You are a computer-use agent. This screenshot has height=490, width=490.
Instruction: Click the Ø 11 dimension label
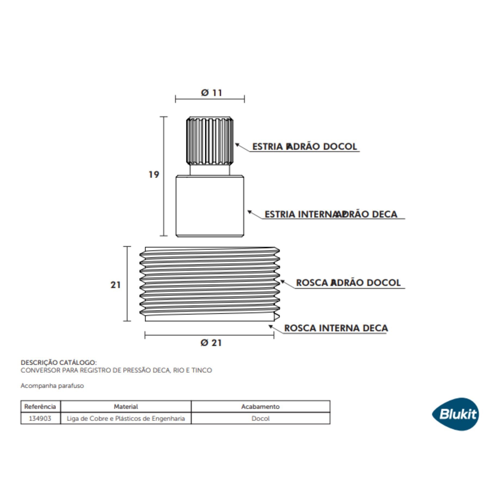pos(211,93)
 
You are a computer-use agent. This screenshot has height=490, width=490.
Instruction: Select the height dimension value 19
pos(154,174)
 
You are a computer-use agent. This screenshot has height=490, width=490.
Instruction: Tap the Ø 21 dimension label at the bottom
pos(211,343)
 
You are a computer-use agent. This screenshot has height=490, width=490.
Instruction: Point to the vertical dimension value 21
pos(115,285)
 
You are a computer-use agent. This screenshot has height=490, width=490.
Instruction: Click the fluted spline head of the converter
pos(210,141)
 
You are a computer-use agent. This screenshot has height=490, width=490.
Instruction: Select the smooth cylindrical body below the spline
pos(210,206)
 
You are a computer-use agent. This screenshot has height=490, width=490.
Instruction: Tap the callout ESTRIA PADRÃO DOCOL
pos(304,146)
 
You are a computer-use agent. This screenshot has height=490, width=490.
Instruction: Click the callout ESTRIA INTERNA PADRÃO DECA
pos(331,214)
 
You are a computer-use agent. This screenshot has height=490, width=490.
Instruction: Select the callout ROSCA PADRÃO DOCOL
pos(348,283)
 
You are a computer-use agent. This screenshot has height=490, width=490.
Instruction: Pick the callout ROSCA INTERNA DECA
pos(336,328)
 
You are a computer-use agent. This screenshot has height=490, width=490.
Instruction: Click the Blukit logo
pos(455,414)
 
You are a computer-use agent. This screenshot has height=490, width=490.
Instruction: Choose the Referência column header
pos(40,406)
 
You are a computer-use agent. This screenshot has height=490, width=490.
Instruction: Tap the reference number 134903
pos(40,418)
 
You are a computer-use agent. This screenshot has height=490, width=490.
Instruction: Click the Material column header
pos(126,406)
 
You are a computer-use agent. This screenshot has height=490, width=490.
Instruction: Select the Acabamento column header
pos(260,406)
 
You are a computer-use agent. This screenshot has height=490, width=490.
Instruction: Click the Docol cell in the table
pos(260,418)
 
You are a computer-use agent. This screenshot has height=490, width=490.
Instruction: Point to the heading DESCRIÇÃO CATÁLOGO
pos(59,363)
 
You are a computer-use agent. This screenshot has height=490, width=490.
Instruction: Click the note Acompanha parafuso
pos(52,386)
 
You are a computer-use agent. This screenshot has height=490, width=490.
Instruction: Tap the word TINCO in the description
pos(201,370)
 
